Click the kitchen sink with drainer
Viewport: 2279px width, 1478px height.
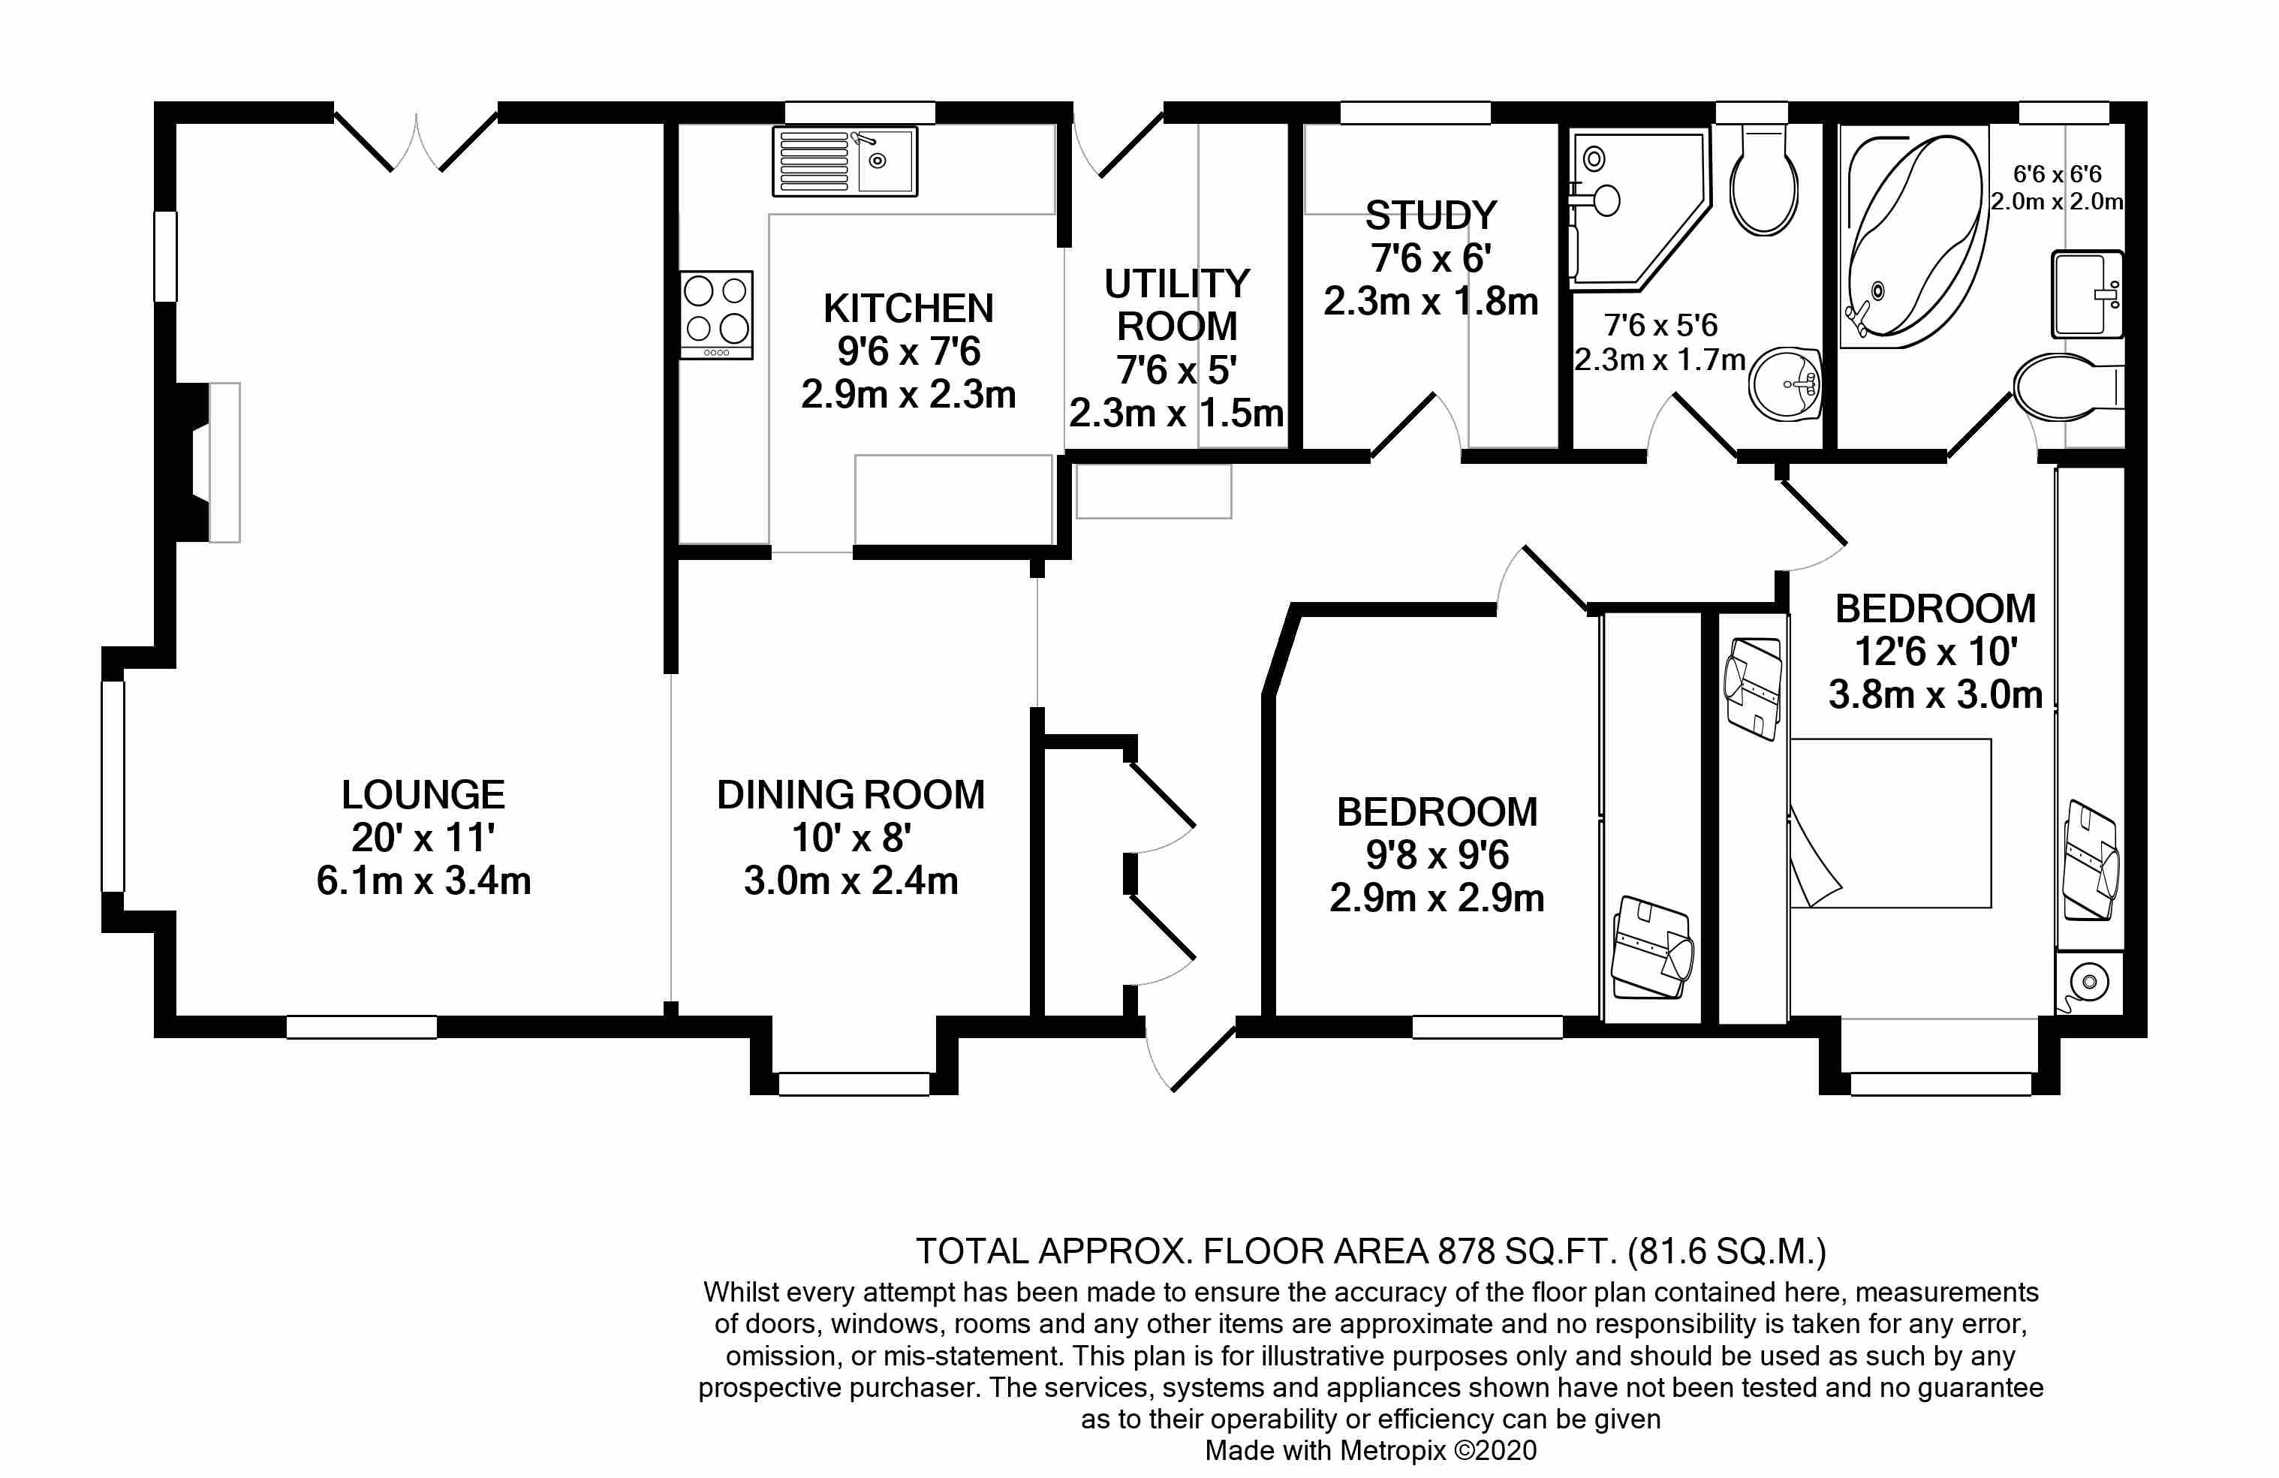[x=844, y=162]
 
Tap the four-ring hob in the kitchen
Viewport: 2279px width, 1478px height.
[x=716, y=314]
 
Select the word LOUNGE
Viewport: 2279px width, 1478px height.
[x=423, y=794]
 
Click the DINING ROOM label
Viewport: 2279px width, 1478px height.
[x=850, y=794]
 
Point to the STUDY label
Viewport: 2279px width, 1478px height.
[x=1431, y=215]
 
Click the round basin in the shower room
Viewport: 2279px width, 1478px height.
[x=1785, y=384]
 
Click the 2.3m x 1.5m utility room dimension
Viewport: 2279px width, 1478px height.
[x=1176, y=414]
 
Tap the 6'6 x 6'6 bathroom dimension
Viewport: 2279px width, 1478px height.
[x=2056, y=174]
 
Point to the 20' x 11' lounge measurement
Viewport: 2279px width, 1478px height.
[x=423, y=838]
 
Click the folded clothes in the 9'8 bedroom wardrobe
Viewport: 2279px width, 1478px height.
[x=1651, y=949]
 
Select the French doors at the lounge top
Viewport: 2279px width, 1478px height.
[x=416, y=143]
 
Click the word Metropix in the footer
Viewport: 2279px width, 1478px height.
[x=1392, y=1450]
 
